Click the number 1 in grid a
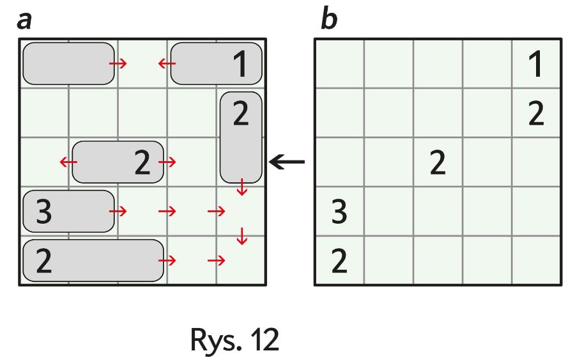point(240,65)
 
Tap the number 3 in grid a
point(43,212)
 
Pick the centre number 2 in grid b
point(438,163)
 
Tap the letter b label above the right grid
point(329,20)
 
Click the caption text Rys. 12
point(235,341)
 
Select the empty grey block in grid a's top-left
point(68,63)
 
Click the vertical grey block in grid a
point(241,137)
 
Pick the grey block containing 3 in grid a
point(68,211)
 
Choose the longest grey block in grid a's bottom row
point(93,260)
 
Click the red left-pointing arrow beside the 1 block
point(167,63)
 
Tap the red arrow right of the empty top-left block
point(118,63)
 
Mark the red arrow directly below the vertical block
point(241,188)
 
